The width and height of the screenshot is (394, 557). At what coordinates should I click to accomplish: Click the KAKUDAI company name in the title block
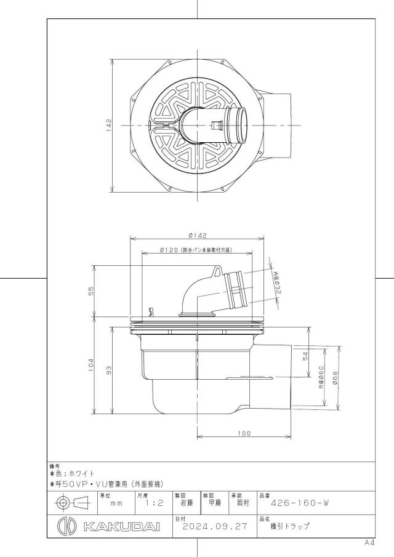pos(122,526)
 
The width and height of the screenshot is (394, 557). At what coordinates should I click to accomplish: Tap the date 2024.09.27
pos(215,526)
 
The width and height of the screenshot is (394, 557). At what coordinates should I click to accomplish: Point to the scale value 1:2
pos(154,503)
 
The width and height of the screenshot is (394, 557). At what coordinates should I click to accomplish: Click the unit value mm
pos(116,503)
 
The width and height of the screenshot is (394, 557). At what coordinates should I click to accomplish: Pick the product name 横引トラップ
pos(290,526)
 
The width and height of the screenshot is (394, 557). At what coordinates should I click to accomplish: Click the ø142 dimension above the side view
pos(197,235)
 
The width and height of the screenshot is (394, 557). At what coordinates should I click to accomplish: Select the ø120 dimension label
pos(169,250)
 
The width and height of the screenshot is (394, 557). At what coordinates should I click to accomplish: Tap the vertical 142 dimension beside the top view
pos(109,126)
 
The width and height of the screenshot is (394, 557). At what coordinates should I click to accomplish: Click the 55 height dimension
pos(91,291)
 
